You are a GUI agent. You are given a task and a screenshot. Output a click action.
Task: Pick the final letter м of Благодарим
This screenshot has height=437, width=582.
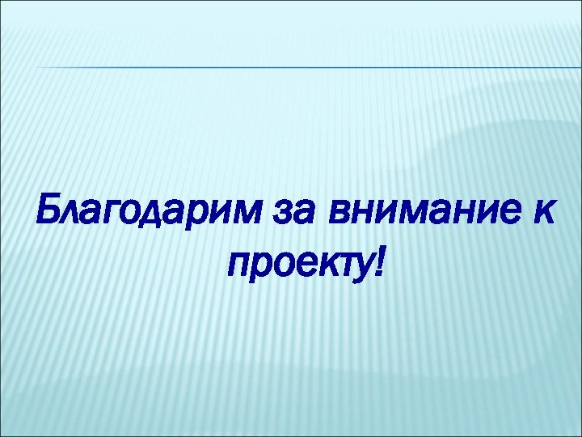tap(247, 215)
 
